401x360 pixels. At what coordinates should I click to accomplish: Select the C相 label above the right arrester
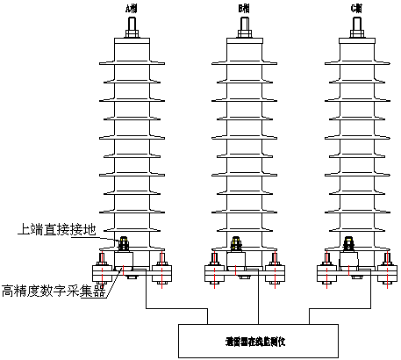tap(355, 8)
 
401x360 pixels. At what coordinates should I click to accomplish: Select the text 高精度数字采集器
tap(54, 291)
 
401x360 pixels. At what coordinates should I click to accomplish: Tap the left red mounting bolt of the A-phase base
tap(102, 268)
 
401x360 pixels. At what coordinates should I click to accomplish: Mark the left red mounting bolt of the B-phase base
tap(213, 268)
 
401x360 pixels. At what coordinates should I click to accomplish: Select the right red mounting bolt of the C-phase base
tap(386, 268)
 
